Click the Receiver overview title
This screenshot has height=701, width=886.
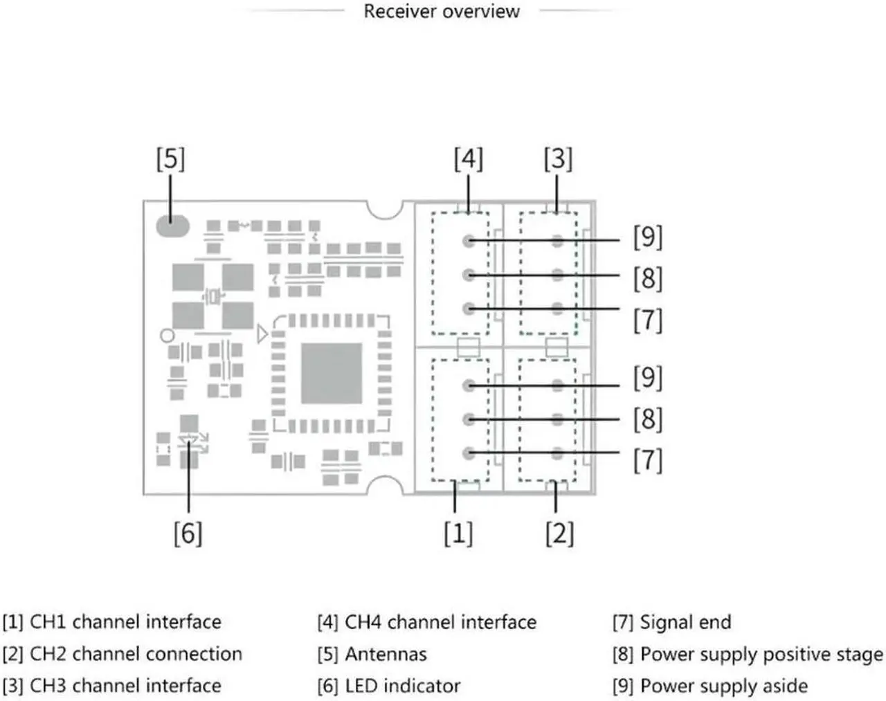pos(441,11)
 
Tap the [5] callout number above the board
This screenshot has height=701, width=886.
pos(170,159)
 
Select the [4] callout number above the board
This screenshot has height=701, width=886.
pos(468,159)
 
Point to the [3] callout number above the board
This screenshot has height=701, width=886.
pos(558,159)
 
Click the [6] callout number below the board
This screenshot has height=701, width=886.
pos(188,534)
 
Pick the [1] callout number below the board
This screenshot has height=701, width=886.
pos(458,534)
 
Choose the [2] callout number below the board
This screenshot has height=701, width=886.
pos(559,534)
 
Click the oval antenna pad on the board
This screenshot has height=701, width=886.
pos(172,226)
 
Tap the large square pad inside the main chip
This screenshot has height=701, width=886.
pos(331,374)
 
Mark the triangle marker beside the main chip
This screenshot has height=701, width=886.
pos(262,334)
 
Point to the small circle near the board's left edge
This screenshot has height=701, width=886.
pos(168,336)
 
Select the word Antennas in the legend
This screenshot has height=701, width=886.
pos(386,654)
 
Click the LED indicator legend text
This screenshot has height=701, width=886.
pos(402,686)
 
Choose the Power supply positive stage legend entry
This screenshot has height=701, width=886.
pos(761,654)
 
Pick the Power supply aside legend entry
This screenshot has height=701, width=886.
pos(723,686)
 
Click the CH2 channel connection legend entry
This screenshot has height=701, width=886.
pos(136,654)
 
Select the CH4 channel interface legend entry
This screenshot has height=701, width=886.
pos(440,622)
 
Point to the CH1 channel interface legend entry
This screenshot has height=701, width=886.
pos(125,622)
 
